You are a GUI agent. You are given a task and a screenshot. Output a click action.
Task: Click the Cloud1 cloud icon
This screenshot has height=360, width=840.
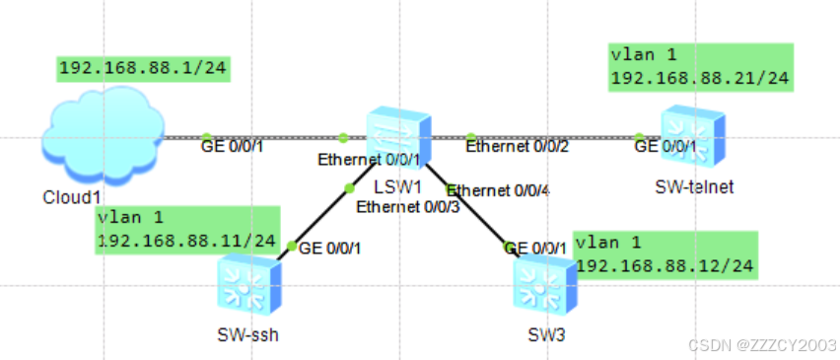(x=103, y=136)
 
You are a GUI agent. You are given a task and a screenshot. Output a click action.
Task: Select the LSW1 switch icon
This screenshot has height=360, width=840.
(x=398, y=137)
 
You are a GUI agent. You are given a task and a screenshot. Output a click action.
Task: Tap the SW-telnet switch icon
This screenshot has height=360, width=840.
(x=693, y=135)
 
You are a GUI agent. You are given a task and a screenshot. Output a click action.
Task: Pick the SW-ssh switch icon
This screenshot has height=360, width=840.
(x=249, y=284)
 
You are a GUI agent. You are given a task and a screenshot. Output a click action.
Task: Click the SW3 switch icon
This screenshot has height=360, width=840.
(x=545, y=285)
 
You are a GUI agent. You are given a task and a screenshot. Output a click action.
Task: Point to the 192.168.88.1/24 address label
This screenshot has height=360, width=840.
(x=143, y=68)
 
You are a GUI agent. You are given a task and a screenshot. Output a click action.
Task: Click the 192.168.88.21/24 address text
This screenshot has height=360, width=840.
(x=700, y=78)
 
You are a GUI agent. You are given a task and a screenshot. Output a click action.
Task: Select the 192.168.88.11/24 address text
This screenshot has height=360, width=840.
(x=186, y=241)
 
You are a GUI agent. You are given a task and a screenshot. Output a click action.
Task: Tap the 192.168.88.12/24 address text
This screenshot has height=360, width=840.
(x=665, y=265)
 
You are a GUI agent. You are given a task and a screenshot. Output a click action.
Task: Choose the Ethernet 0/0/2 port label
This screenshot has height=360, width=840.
(x=517, y=146)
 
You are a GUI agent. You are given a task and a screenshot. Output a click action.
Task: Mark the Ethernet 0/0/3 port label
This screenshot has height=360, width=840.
(x=408, y=206)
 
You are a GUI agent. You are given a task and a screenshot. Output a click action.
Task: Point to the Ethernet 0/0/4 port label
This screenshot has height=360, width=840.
(x=498, y=190)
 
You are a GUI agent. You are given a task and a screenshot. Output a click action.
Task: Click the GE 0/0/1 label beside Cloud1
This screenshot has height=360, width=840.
(x=232, y=146)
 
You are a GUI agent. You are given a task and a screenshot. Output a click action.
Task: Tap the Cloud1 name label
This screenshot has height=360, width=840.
(x=68, y=197)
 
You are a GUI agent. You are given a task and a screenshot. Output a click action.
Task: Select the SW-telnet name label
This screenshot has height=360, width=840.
(x=694, y=186)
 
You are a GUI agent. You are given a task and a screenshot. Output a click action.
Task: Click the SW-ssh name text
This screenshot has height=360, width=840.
(x=248, y=334)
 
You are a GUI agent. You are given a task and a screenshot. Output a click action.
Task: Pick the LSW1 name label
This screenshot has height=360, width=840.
(x=398, y=186)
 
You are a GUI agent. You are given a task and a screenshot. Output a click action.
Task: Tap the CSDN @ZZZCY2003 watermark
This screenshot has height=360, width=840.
(x=762, y=344)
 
